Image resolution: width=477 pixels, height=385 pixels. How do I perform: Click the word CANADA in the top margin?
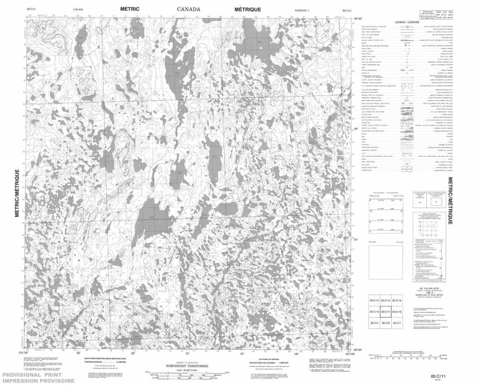click(189, 10)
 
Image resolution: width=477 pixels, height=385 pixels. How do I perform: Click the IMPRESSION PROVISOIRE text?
click(37, 381)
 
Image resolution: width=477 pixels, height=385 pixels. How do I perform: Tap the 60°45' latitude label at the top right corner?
click(358, 20)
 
